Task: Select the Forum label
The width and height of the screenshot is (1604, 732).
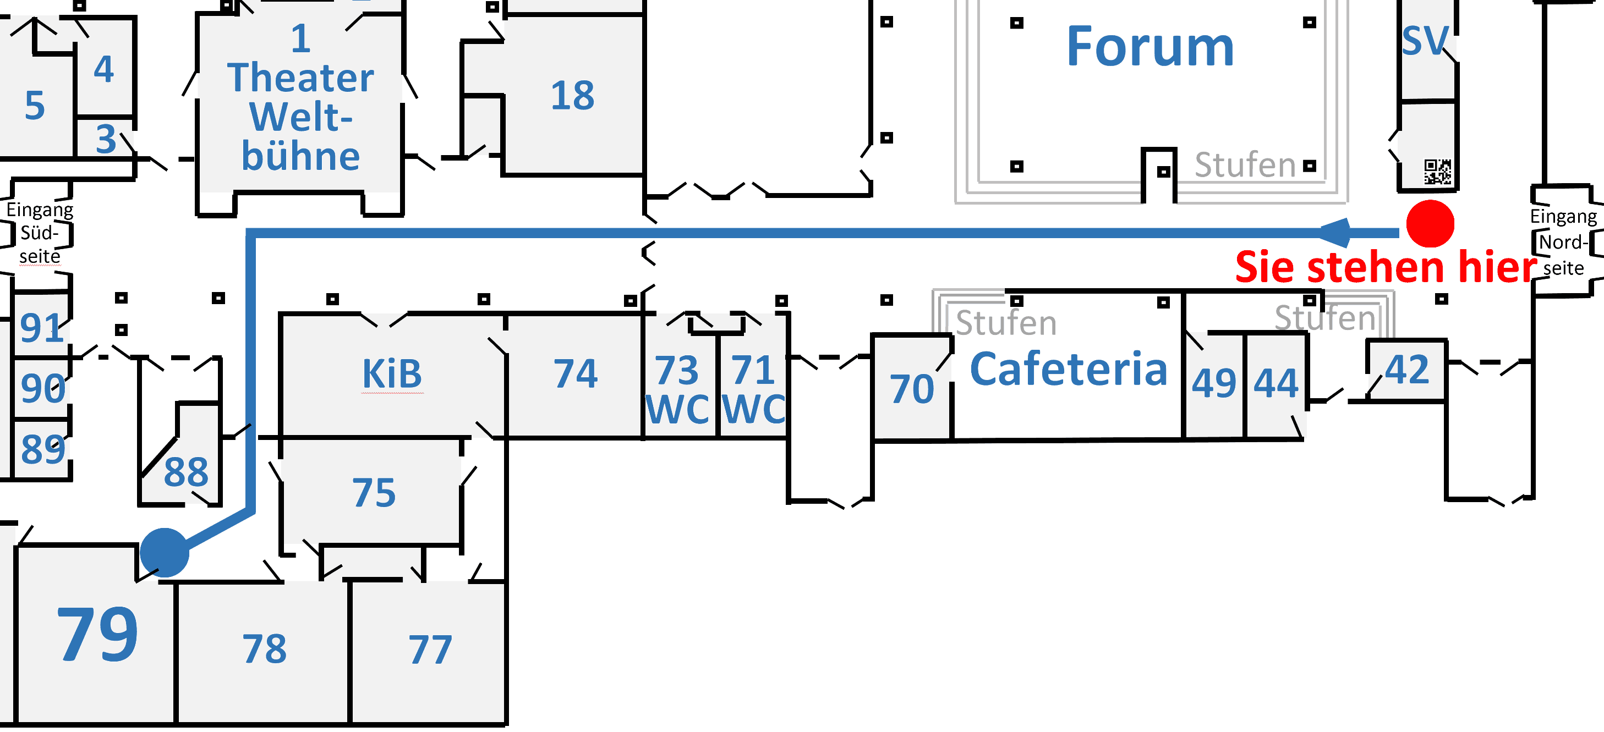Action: (x=1150, y=47)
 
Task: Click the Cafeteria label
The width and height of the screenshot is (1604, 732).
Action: (x=1069, y=370)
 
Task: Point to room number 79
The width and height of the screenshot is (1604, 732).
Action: (x=97, y=635)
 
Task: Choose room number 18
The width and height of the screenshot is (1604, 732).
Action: (x=572, y=96)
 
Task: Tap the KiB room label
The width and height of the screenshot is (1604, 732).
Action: (x=392, y=375)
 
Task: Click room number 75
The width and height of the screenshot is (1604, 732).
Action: (x=374, y=493)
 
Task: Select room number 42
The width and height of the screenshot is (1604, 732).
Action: (x=1407, y=370)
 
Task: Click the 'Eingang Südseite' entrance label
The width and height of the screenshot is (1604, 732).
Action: (x=39, y=233)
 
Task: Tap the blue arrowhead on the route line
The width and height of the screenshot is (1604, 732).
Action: (x=1335, y=233)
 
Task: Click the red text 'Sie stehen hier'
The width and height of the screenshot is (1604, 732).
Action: (x=1386, y=268)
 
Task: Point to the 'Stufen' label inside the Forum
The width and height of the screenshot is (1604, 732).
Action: (x=1245, y=166)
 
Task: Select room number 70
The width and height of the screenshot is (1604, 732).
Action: (x=912, y=390)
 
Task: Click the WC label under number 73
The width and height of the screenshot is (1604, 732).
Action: (x=677, y=410)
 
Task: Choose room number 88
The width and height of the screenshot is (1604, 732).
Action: (x=186, y=472)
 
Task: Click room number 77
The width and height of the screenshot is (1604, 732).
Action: (x=430, y=651)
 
